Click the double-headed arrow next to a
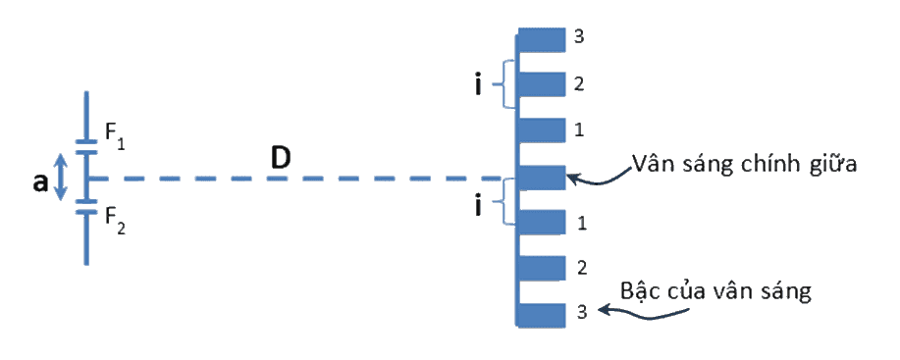click(x=62, y=179)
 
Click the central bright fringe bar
click(x=542, y=178)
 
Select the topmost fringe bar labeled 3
click(x=542, y=40)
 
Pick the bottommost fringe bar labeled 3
click(x=542, y=315)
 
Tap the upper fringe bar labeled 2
click(x=542, y=84)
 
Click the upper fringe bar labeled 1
click(x=542, y=130)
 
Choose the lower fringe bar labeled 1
click(x=542, y=223)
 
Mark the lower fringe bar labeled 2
click(x=542, y=268)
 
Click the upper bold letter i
click(x=478, y=86)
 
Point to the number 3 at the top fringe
click(x=579, y=36)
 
